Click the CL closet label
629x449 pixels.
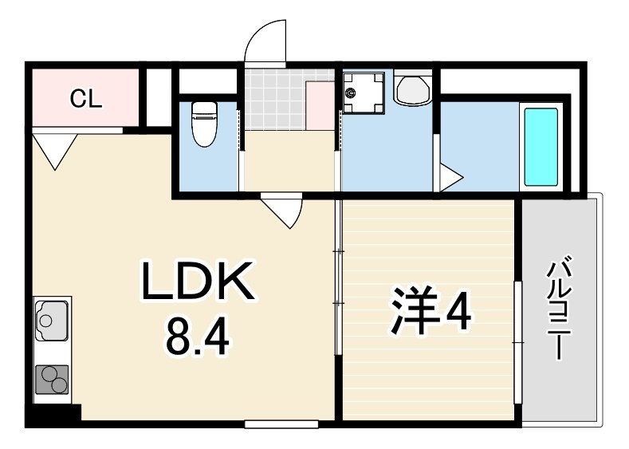click(85, 98)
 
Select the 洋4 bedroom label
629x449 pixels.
click(430, 309)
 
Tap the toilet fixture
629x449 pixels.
click(204, 124)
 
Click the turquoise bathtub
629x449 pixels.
click(541, 147)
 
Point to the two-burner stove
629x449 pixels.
click(52, 379)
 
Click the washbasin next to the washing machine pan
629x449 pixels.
click(412, 88)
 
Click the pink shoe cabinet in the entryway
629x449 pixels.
click(320, 105)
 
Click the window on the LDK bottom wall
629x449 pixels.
click(281, 424)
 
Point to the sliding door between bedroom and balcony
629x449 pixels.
click(518, 342)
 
